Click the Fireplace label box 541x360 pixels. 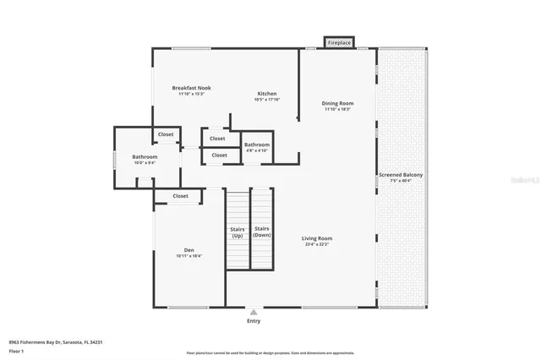[339, 41]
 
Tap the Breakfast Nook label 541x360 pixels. [191, 88]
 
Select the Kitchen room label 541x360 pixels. [267, 94]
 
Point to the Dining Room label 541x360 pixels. [337, 103]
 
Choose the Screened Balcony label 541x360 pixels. [401, 175]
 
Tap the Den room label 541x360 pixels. [189, 250]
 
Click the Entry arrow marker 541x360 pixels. [254, 311]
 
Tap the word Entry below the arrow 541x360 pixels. [254, 321]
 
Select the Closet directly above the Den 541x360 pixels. [180, 196]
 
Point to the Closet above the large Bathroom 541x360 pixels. [166, 134]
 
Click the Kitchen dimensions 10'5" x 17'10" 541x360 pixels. [267, 100]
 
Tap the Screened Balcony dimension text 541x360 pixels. [401, 181]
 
